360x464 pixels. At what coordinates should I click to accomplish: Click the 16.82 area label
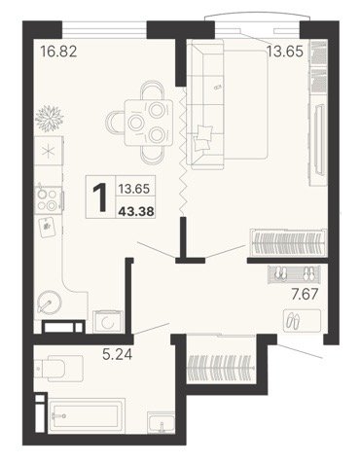[58, 52]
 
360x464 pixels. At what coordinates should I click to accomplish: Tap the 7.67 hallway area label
[305, 295]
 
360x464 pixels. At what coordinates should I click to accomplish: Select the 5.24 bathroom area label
[118, 354]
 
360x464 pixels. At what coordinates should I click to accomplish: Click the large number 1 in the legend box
[100, 196]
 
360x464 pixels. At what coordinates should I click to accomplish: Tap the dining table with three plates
[149, 123]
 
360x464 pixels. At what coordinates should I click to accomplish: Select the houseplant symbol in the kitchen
[50, 118]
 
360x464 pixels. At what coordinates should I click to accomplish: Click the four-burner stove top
[48, 199]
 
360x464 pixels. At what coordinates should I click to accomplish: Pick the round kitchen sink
[50, 303]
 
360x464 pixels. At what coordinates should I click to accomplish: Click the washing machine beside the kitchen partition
[108, 322]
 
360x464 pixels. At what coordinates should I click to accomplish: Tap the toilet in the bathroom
[59, 368]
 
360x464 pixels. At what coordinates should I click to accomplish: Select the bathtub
[87, 415]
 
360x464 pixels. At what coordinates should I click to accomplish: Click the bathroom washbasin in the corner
[162, 422]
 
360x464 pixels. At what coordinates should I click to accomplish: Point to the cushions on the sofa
[202, 139]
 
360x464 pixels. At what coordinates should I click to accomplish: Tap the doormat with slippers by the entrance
[303, 321]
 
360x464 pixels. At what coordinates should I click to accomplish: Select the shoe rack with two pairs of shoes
[294, 274]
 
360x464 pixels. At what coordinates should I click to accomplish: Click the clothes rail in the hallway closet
[221, 368]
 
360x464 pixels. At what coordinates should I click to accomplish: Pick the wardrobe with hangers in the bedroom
[288, 243]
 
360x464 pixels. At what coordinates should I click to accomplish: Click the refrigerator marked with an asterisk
[49, 151]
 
